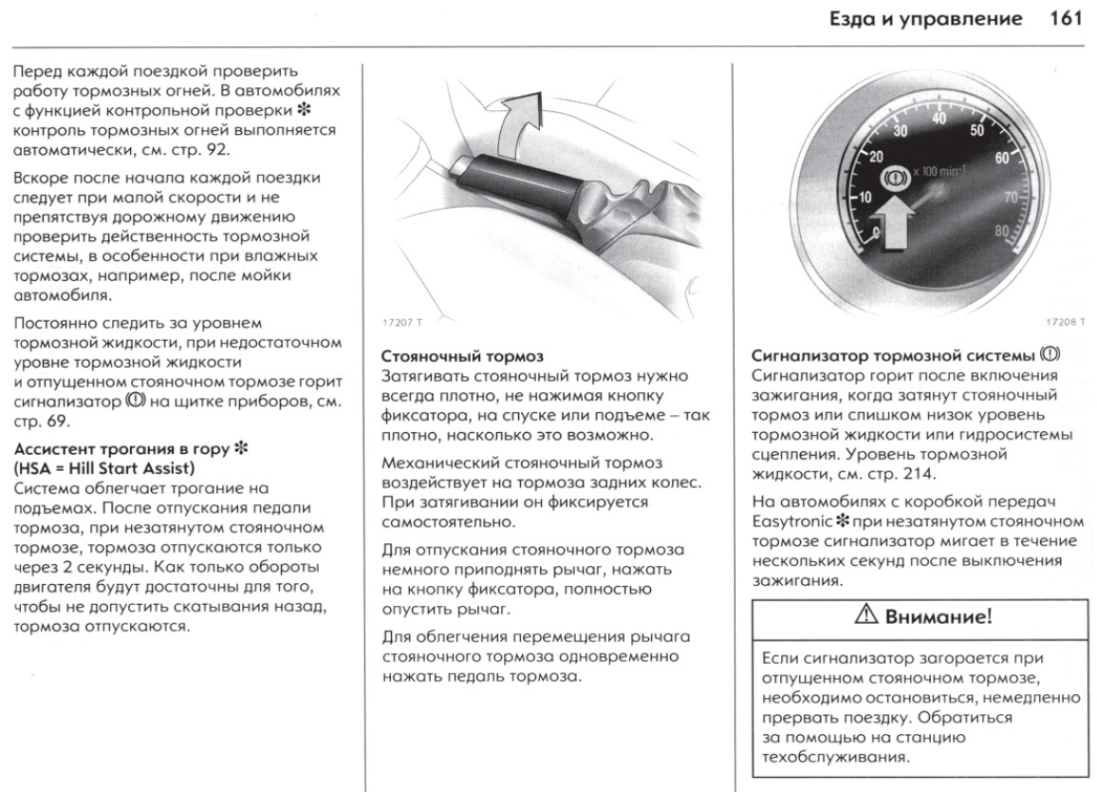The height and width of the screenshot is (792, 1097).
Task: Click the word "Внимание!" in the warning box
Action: pos(939,616)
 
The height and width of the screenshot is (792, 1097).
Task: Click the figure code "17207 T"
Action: pos(403,323)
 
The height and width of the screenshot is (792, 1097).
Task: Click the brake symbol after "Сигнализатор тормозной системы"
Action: pos(1049,355)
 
